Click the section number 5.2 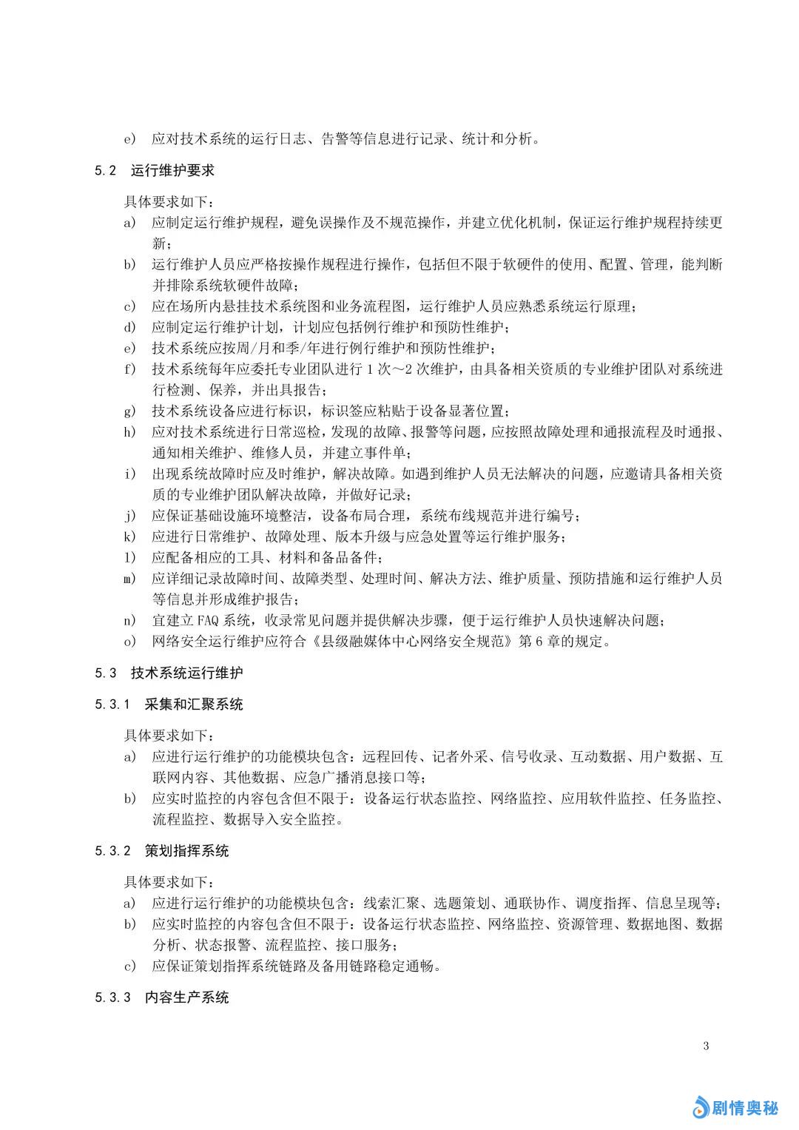(x=105, y=170)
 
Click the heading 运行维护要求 (x=172, y=170)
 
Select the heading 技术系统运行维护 (x=186, y=673)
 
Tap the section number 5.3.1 (x=112, y=704)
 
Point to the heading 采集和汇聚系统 (x=194, y=704)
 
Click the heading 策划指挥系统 (x=186, y=851)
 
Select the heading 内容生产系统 (x=186, y=998)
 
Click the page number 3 (x=706, y=1046)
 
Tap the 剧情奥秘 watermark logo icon (x=700, y=1107)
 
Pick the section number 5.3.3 (x=112, y=998)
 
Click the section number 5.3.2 (x=112, y=851)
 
